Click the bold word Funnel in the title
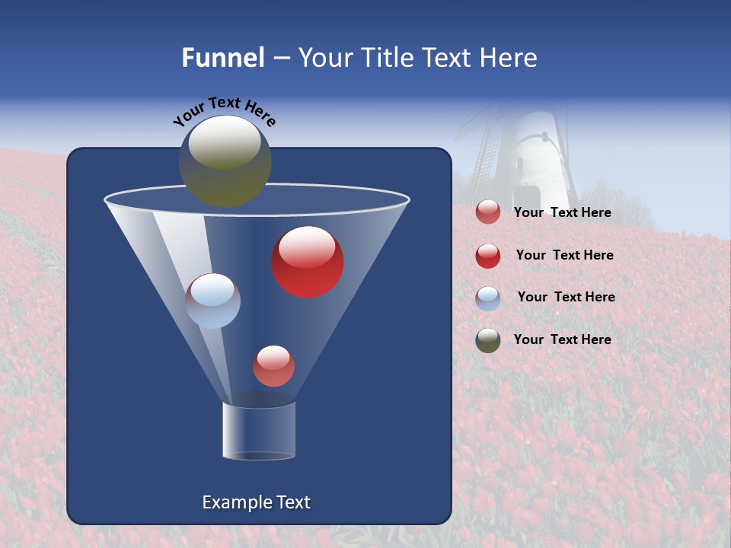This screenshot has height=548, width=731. coord(223,58)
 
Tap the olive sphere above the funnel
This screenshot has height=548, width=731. coord(225,161)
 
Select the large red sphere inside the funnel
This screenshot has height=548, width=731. coord(308,262)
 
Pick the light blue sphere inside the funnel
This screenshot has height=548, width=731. coord(213,301)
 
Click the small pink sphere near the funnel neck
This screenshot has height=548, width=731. coord(273,365)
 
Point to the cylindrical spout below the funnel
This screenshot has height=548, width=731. coord(258,431)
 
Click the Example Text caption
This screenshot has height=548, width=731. coord(257,502)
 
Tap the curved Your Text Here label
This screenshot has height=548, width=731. coord(224,112)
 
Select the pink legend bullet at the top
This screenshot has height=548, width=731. coord(488,212)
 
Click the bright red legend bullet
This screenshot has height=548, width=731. coord(488,256)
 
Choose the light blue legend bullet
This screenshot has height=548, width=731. coord(488,298)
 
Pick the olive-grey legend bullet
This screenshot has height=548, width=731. coord(488,340)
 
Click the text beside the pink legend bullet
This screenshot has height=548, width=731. coord(563,213)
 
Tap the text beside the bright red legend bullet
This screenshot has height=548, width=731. coord(564,256)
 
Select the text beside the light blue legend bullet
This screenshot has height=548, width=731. coord(566,298)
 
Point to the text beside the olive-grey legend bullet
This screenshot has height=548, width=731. coord(563,340)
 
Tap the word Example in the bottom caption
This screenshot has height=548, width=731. coord(231,502)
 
